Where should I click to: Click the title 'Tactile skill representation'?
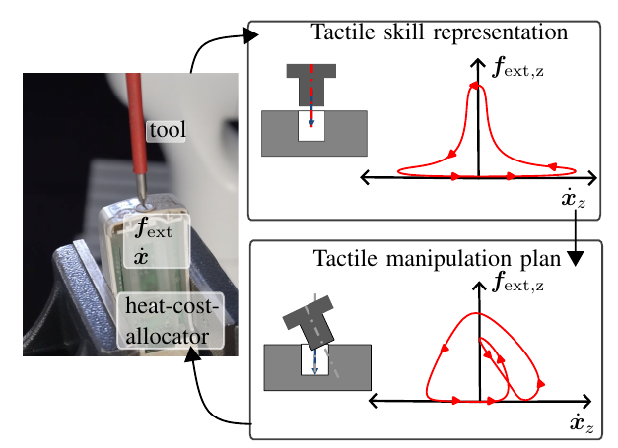point(440,32)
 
